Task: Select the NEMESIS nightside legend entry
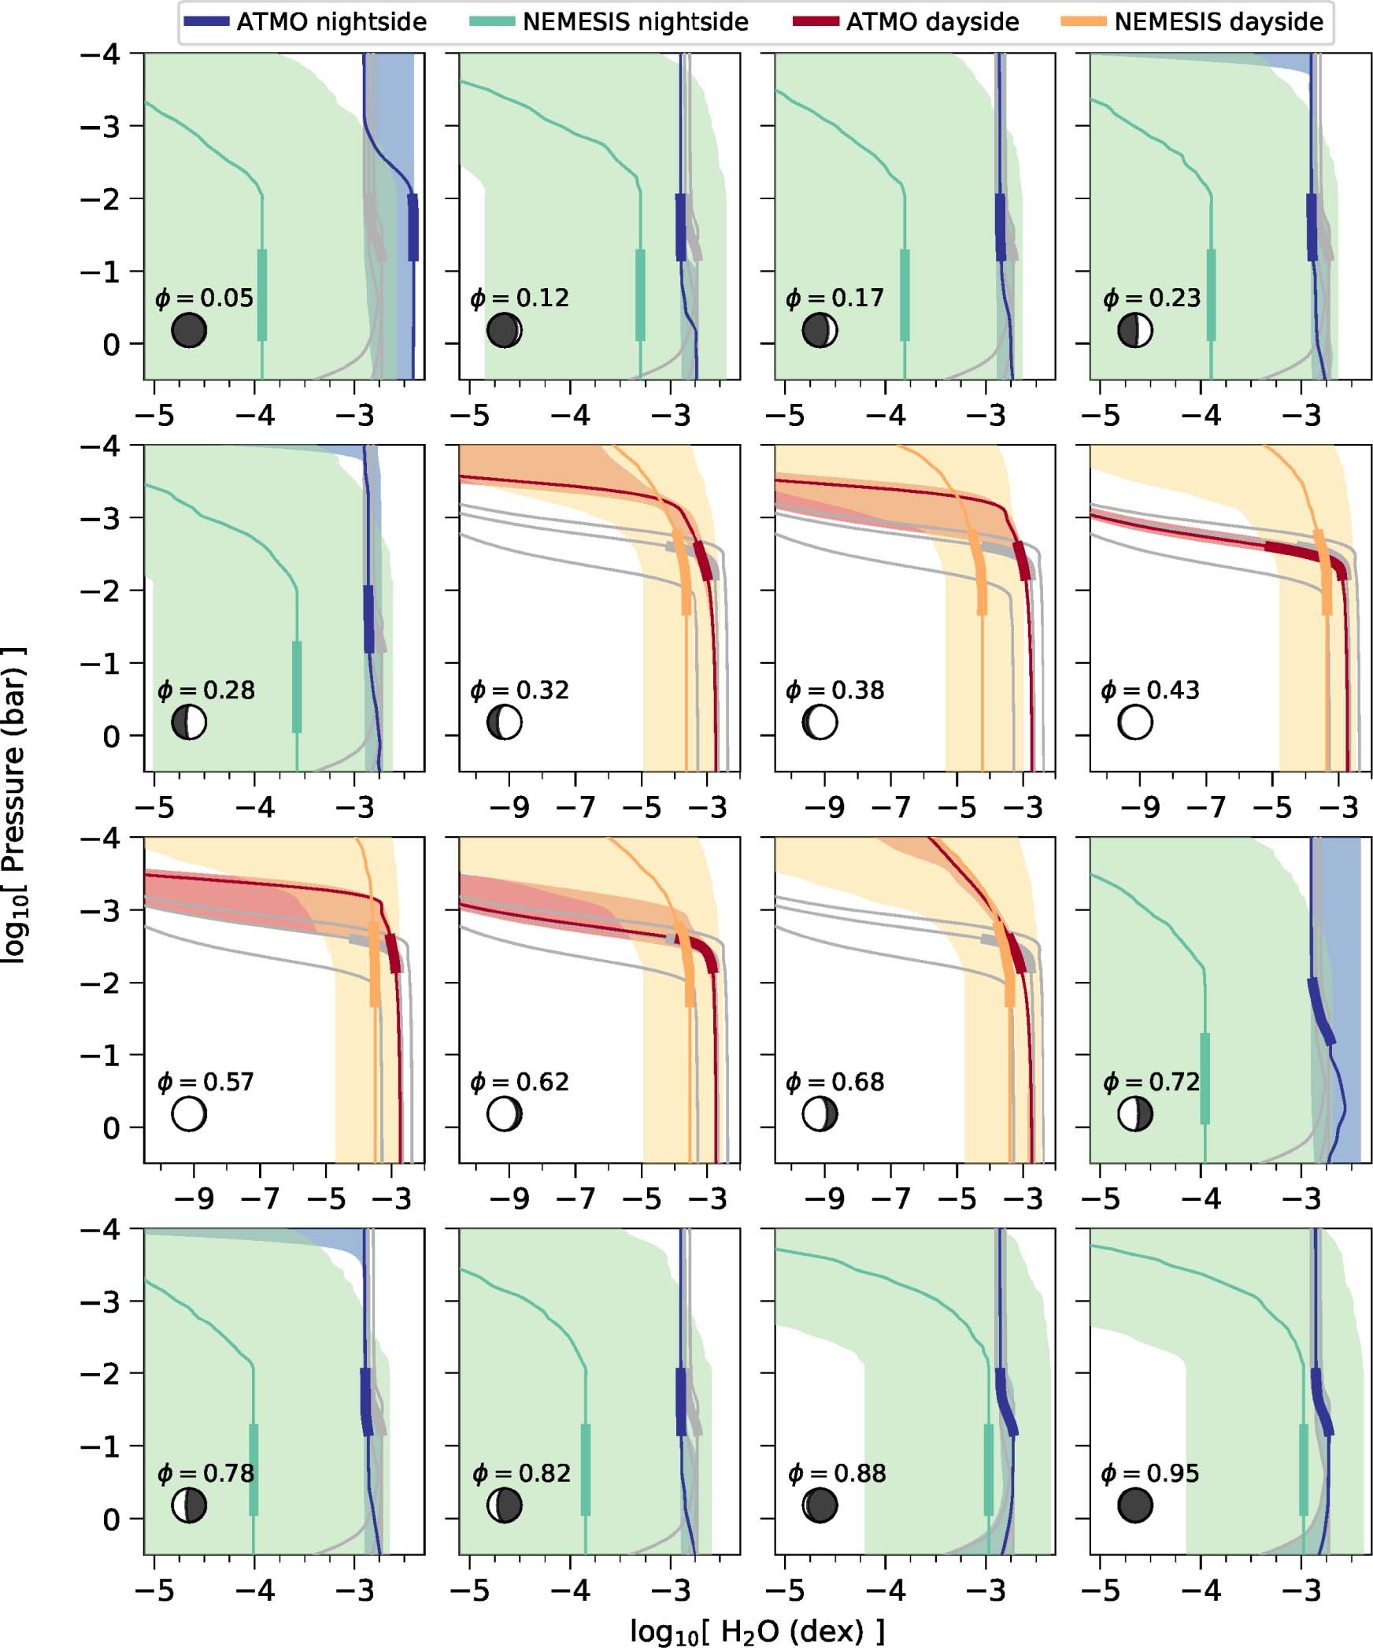609,21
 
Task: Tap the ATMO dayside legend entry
905,21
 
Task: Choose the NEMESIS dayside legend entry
1193,21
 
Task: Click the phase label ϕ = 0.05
205,298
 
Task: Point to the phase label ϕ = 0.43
1150,690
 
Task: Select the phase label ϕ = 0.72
1150,1081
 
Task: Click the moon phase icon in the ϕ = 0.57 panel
189,1114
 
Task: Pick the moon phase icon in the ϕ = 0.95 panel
1135,1505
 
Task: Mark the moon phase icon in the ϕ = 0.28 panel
189,722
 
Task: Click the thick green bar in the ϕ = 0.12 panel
640,295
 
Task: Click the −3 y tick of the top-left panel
100,126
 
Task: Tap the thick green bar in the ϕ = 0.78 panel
254,1469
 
